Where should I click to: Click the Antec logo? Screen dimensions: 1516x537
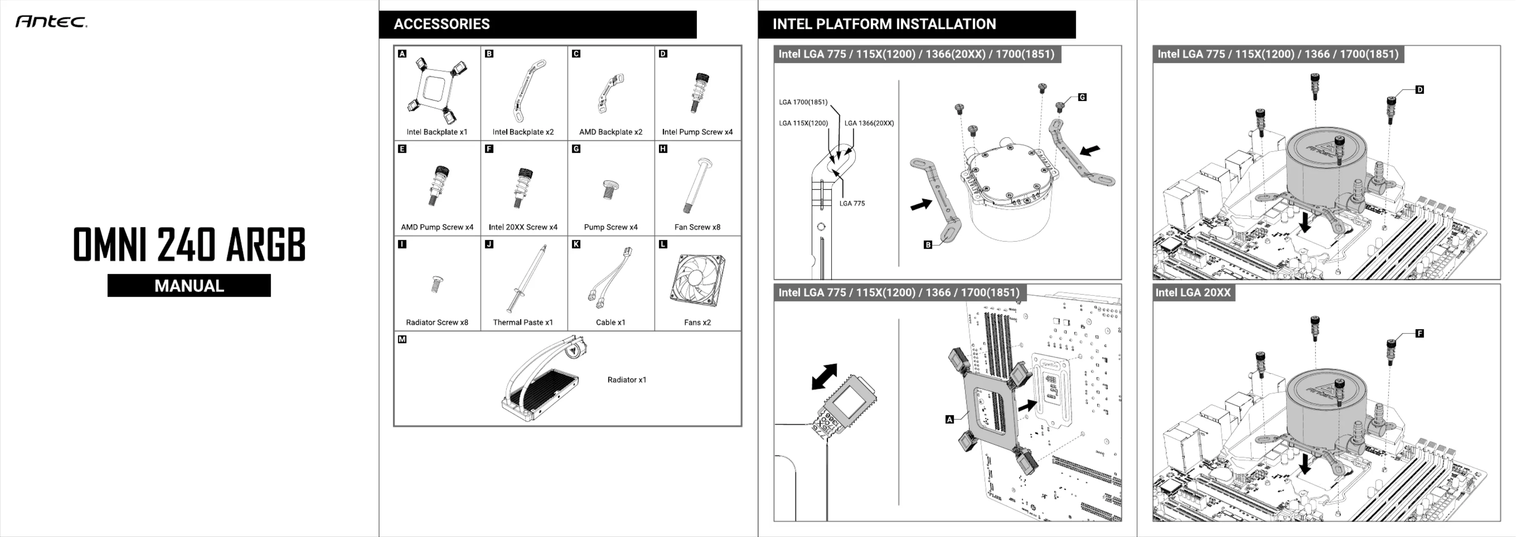(51, 22)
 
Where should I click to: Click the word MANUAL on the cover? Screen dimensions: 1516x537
(189, 286)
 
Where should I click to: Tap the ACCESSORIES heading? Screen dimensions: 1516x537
(442, 24)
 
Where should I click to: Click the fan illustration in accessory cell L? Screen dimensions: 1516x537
(697, 280)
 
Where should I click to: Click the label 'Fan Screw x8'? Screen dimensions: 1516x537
(697, 227)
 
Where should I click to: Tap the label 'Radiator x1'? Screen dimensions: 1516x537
(627, 380)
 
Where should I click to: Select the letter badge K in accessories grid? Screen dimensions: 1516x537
(576, 244)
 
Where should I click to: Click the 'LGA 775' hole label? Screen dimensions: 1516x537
(852, 204)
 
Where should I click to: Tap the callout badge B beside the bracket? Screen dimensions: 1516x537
(928, 244)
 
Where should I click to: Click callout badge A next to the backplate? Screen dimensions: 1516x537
(949, 420)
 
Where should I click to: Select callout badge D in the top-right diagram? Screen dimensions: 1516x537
(1419, 90)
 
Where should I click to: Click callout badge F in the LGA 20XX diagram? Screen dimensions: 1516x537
(1419, 333)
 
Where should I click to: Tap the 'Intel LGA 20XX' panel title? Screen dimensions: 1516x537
(1193, 293)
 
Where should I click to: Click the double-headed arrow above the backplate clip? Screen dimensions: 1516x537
(824, 377)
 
